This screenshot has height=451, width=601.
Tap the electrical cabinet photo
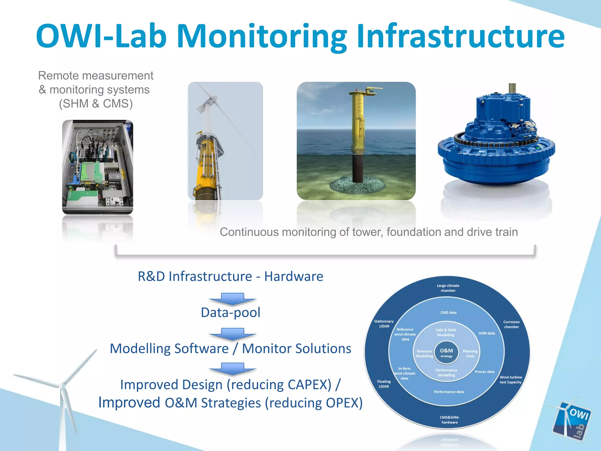97,167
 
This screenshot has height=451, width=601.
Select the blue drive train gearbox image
496,138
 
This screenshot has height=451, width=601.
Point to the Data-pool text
231,312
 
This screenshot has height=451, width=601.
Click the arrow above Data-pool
232,299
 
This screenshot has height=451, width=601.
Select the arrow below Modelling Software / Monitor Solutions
232,369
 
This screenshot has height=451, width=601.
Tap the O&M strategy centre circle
446,353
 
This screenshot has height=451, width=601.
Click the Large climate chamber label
448,288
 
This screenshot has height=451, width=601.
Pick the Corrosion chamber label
511,324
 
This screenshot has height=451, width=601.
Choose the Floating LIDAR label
384,384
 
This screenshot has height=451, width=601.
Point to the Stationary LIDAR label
384,324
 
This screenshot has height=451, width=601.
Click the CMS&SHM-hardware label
450,420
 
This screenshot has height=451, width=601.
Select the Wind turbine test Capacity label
511,380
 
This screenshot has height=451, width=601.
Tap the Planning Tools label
470,354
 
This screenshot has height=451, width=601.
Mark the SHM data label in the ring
487,333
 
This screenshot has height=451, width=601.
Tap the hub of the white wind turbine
62,386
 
